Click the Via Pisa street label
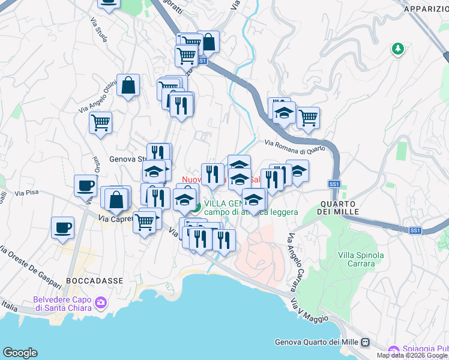pyautogui.click(x=26, y=193)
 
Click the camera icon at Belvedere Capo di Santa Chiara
pyautogui.click(x=100, y=302)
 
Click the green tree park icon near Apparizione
pyautogui.click(x=397, y=48)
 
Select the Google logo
pyautogui.click(x=20, y=353)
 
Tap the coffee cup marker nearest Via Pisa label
pyautogui.click(x=85, y=186)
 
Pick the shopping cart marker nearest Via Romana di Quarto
pyautogui.click(x=308, y=118)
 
